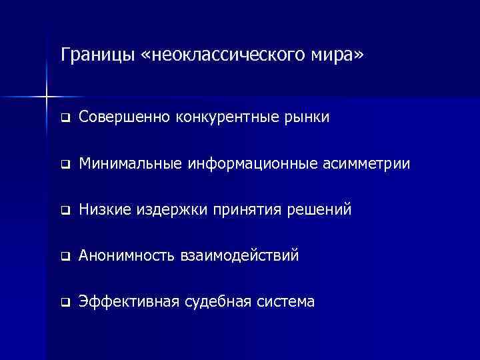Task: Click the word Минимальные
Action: pos(132,164)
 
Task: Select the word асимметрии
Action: pos(353,164)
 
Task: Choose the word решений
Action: pos(322,210)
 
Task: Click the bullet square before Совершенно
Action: pos(65,119)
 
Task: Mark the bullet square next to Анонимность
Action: pos(65,257)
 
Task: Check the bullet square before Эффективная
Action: pos(65,303)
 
